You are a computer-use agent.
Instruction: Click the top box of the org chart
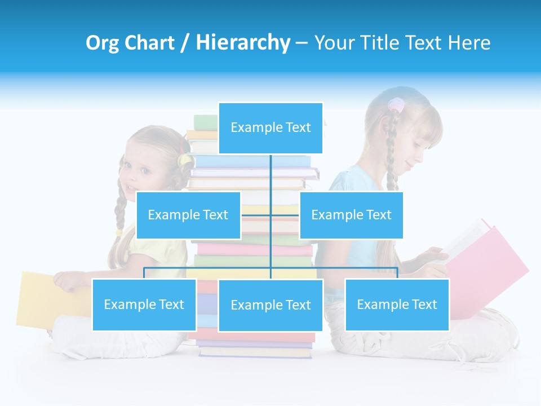270,128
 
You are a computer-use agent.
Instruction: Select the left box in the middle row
188,215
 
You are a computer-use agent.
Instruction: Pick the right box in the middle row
351,215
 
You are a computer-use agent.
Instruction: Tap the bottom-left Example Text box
144,304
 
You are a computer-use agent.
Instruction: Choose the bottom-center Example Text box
270,305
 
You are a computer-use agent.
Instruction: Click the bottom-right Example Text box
397,304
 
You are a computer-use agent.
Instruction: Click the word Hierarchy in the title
243,43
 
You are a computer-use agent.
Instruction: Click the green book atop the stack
205,122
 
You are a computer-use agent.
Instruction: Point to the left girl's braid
121,209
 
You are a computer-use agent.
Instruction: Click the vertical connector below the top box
270,175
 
